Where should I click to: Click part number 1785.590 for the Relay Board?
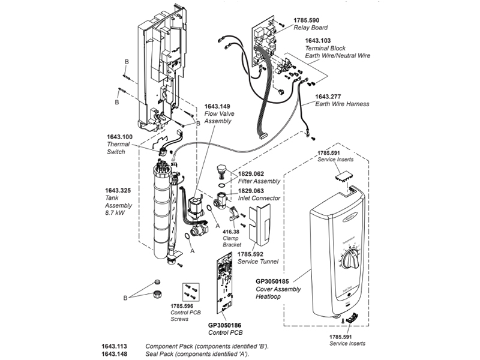(307, 20)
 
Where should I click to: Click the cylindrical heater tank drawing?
(162, 210)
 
